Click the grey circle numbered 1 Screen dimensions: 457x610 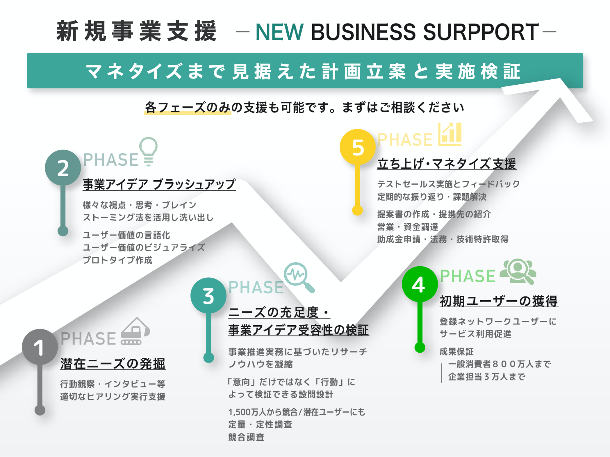[x=40, y=347]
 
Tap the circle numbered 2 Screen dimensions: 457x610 [x=63, y=168]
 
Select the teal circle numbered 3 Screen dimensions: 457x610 [x=208, y=296]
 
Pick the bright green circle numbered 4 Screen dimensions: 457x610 [x=420, y=284]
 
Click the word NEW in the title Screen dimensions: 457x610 [x=279, y=32]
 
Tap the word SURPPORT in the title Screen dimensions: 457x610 [x=481, y=32]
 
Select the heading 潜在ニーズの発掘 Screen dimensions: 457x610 [x=113, y=364]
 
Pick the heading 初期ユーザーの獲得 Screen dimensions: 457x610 [x=499, y=301]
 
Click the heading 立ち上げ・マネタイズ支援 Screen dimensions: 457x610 [x=446, y=164]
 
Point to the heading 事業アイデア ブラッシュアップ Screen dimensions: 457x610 [x=159, y=184]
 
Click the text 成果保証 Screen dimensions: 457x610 [x=456, y=352]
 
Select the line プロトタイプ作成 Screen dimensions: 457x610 [x=118, y=260]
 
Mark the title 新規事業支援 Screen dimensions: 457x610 [x=136, y=32]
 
